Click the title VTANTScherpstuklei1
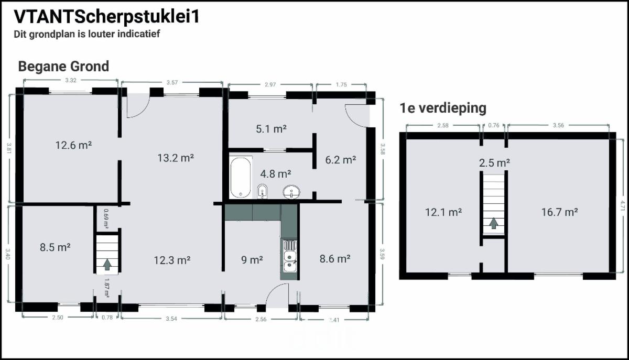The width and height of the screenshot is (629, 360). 107,17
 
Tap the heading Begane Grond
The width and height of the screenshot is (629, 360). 63,67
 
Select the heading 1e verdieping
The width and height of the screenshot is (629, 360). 443,108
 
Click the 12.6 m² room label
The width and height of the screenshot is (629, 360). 73,145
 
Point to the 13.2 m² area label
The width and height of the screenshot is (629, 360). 176,158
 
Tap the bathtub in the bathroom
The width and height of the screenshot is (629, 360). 241,177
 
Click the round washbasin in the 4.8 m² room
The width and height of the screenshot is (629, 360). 291,192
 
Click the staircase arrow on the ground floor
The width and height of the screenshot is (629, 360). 107,265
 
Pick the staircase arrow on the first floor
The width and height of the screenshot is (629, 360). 493,223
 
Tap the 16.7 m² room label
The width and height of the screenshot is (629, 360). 559,212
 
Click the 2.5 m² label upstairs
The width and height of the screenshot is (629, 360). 494,163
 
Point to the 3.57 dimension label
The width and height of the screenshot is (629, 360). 172,82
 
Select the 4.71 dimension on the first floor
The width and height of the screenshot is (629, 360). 623,205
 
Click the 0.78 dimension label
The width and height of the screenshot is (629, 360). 107,318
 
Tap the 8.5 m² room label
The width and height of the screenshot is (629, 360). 55,247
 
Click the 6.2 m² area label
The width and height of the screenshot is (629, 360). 341,160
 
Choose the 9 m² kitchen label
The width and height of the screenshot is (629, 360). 252,260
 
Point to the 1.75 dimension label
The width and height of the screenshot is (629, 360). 341,84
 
